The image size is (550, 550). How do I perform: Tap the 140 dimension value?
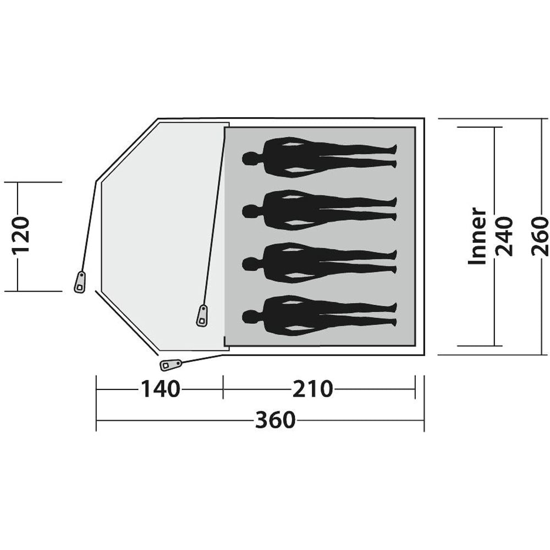point(160,389)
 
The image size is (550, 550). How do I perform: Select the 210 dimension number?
point(312,389)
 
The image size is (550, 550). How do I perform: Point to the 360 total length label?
point(275,420)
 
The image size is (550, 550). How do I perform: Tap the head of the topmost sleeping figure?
point(250,158)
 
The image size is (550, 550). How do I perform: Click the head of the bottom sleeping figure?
point(250,316)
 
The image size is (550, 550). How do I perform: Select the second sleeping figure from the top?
point(319,210)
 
